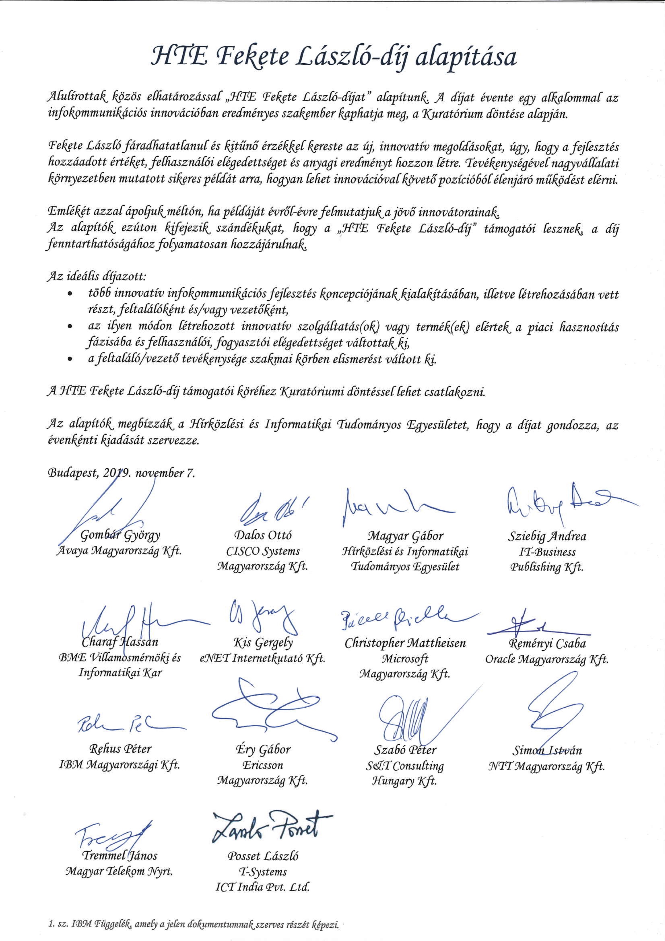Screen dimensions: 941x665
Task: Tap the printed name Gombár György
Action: (120, 535)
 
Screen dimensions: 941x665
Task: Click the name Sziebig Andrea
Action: (547, 536)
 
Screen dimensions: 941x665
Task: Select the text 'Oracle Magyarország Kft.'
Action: (547, 659)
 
